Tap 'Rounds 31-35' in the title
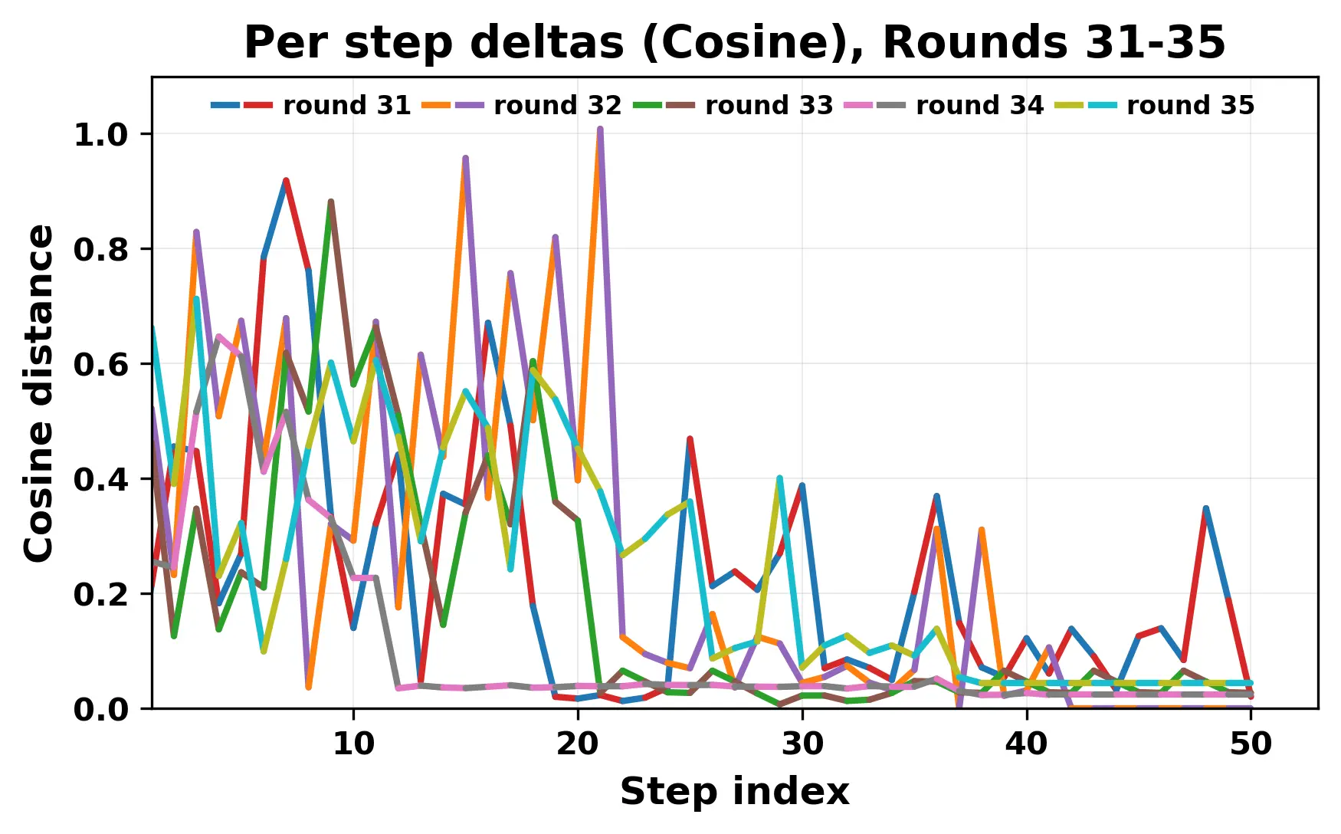[1054, 43]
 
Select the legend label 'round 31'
[347, 105]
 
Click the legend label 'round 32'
[558, 105]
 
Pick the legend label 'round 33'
[769, 105]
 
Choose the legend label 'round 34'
[979, 105]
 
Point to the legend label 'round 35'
[1190, 105]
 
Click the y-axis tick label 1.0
[100, 135]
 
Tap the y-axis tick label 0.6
[100, 364]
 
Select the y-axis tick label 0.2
[100, 594]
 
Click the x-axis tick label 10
[353, 744]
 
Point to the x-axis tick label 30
[802, 744]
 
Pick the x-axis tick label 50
[1251, 744]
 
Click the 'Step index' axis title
[734, 792]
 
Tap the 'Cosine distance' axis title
[40, 392]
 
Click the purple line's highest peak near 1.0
[600, 130]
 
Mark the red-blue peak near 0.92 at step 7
[286, 181]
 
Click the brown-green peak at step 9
[331, 202]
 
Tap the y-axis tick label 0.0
[100, 710]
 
